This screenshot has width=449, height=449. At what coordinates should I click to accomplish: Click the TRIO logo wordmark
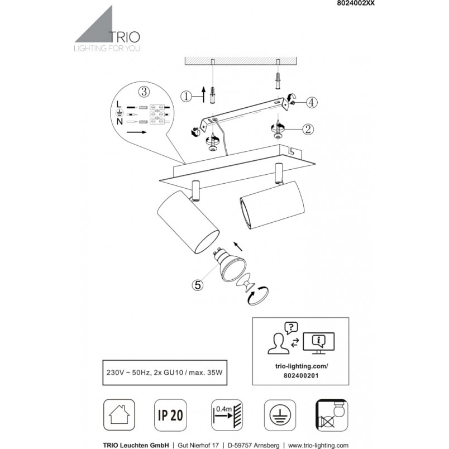click(125, 37)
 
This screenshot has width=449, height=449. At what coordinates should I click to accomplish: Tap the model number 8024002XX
click(356, 3)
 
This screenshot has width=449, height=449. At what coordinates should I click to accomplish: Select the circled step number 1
click(187, 96)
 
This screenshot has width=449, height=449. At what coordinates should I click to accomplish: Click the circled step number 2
click(308, 130)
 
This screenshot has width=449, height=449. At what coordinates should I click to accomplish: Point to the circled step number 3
click(144, 92)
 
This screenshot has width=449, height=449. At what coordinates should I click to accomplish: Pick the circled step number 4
click(312, 102)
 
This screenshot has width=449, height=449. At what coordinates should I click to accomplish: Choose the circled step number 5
click(198, 285)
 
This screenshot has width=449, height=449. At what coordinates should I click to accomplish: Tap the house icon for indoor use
click(119, 414)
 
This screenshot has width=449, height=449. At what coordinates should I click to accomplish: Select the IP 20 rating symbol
click(170, 415)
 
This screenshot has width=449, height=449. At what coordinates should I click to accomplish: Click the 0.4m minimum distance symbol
click(227, 415)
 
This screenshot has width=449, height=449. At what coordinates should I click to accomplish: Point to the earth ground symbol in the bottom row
click(280, 415)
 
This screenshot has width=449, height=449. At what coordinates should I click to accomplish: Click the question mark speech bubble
click(291, 328)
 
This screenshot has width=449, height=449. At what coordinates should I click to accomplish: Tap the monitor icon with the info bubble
click(319, 343)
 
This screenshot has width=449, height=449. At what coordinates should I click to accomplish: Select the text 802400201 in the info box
click(301, 375)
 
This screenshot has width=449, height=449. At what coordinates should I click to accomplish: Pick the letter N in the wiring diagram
click(120, 121)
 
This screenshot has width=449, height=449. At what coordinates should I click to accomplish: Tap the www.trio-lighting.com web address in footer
click(318, 445)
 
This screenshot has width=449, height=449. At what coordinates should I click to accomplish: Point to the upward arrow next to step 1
click(204, 94)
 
